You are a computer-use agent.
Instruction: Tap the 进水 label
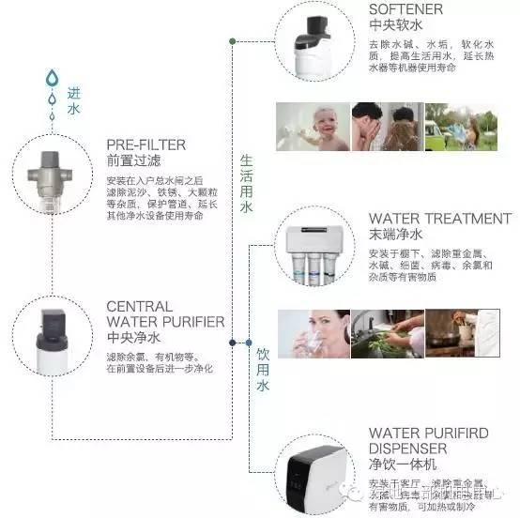point(74,101)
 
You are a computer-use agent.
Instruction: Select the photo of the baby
point(312,128)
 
